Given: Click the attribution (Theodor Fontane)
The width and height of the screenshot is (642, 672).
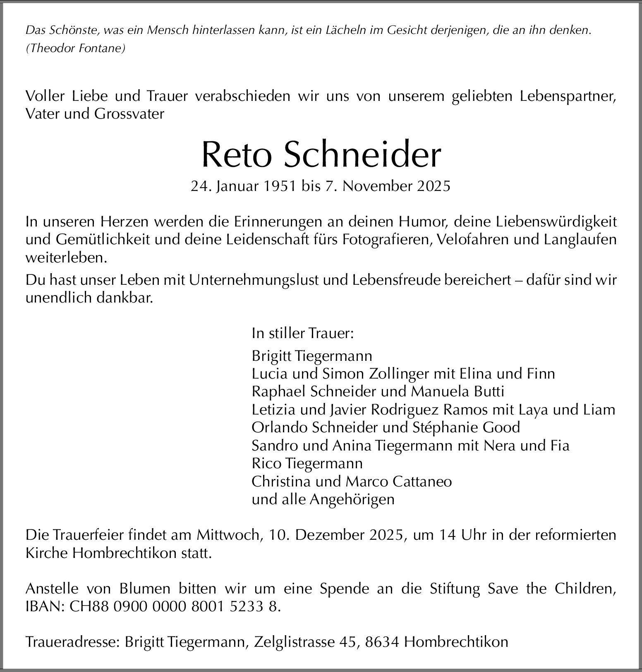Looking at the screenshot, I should tap(75, 48).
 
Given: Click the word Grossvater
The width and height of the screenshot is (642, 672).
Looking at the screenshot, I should tap(129, 114).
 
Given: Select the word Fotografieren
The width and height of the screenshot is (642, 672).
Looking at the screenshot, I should tap(386, 240).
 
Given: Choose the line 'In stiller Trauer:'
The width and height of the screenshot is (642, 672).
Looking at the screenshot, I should tap(303, 333).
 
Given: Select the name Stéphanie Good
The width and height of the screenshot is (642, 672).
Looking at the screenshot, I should tap(466, 427).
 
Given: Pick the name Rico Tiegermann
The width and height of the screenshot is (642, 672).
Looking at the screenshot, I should tap(307, 463).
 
